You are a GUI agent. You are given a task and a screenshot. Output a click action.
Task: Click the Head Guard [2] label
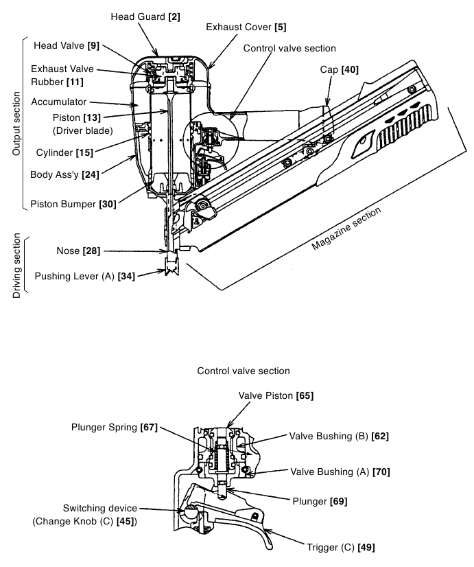tap(145, 16)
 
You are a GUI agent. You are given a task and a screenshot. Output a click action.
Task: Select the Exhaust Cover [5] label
tap(246, 27)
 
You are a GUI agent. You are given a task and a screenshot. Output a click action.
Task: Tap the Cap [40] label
tap(340, 69)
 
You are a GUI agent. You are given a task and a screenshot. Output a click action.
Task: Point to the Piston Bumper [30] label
tap(73, 205)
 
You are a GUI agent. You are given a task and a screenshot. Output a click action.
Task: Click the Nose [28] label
tap(78, 251)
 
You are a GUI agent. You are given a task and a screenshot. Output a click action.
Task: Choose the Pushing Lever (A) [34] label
tap(85, 276)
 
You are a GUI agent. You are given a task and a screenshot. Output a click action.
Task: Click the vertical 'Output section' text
tap(16, 124)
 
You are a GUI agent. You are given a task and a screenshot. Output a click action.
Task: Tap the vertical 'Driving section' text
tap(16, 266)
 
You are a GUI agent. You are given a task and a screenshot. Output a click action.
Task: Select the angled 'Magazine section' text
tap(346, 229)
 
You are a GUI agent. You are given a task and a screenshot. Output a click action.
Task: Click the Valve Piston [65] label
tap(276, 395)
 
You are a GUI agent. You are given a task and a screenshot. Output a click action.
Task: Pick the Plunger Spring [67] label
tap(115, 428)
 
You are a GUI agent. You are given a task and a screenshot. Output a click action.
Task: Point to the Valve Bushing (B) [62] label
tap(339, 436)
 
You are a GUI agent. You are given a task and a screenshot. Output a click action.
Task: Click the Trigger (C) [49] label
tap(341, 548)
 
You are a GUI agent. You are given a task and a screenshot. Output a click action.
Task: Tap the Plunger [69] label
tap(320, 502)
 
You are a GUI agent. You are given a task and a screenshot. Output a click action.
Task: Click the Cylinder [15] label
tap(64, 152)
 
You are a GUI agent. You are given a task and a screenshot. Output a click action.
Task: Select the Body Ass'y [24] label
tap(64, 174)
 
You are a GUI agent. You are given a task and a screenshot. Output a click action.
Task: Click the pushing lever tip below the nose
tap(172, 267)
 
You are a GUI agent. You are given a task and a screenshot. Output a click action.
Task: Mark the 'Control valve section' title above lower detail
tap(244, 371)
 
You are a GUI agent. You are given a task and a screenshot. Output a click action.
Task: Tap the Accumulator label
tap(59, 102)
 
